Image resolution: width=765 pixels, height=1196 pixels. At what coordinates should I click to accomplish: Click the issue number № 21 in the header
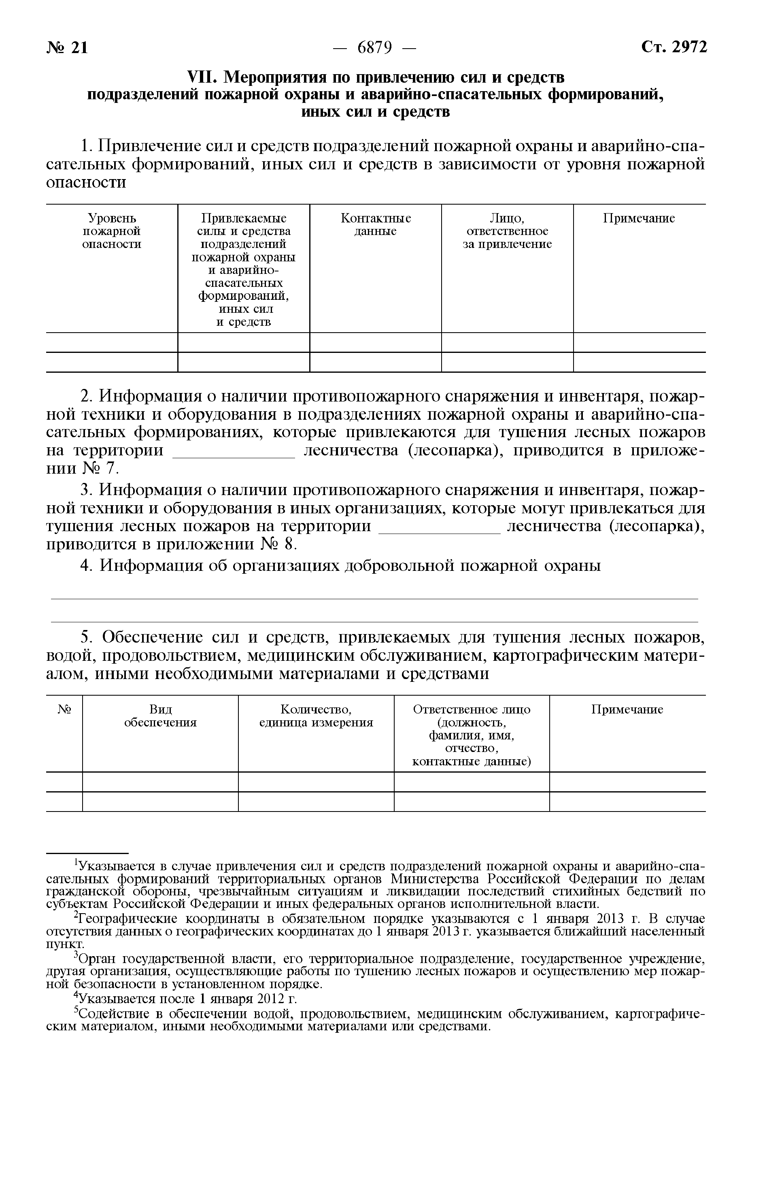pyautogui.click(x=68, y=48)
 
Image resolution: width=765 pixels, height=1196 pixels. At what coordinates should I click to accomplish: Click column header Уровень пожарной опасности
pyautogui.click(x=112, y=231)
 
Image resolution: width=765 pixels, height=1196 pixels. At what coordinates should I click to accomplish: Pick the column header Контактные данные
pyautogui.click(x=376, y=225)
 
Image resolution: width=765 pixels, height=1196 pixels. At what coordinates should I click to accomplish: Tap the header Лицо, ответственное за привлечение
pyautogui.click(x=507, y=231)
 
